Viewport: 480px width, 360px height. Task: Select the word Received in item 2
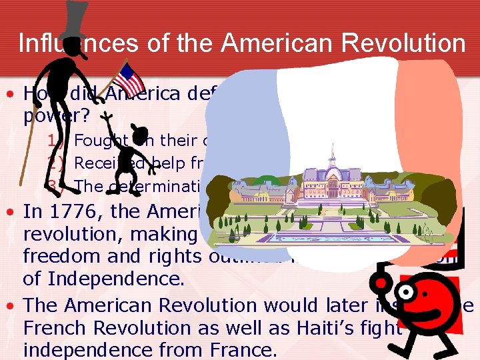tap(103, 163)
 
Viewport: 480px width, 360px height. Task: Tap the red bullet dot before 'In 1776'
tap(13, 213)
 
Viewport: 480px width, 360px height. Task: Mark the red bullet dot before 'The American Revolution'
tap(13, 306)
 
